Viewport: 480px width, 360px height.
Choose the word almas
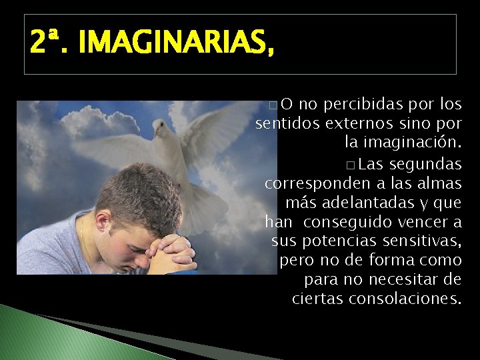click(441, 183)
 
